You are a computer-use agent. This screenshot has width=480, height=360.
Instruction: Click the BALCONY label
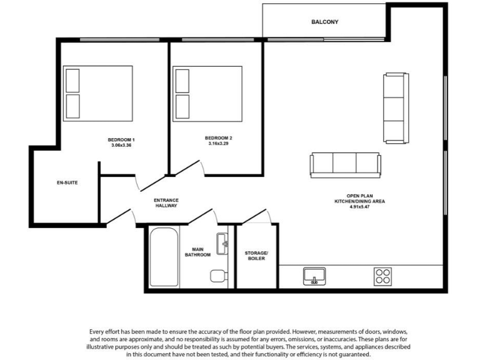click(x=324, y=22)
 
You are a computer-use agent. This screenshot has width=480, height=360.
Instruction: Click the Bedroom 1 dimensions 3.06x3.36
click(x=121, y=145)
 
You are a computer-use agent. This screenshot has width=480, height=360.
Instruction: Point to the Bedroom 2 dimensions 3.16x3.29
click(x=218, y=144)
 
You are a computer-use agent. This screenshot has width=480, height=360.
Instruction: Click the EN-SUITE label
click(x=67, y=183)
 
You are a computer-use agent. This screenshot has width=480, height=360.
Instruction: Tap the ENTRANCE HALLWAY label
click(x=166, y=202)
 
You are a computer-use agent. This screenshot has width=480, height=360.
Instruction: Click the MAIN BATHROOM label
click(x=197, y=252)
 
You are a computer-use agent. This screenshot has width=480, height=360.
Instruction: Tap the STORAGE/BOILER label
click(x=256, y=255)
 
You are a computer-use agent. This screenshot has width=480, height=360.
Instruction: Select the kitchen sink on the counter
click(x=314, y=276)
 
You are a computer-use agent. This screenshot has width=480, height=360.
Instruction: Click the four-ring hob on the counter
click(x=382, y=276)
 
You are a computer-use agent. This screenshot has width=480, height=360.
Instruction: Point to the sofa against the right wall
click(x=395, y=107)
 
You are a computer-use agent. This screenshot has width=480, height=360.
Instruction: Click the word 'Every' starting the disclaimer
click(x=99, y=331)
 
